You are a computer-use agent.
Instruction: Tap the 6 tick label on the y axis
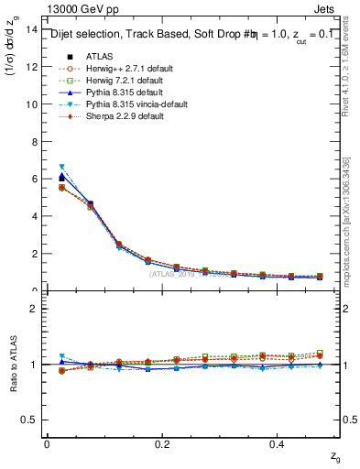pos(33,180)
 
